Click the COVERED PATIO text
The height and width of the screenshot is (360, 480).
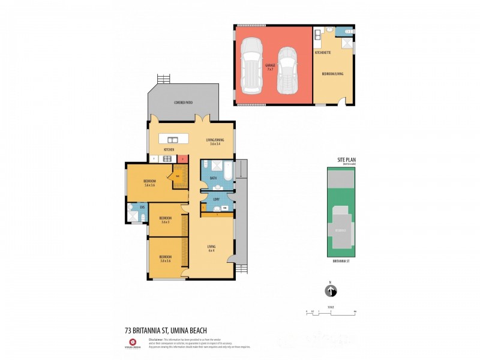[x=184, y=103]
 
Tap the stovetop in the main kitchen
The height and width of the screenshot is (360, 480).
[x=168, y=159]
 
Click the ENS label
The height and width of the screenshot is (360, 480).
[x=142, y=207]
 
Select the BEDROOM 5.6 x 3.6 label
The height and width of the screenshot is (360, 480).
[x=150, y=183]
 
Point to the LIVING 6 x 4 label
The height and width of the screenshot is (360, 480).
[x=211, y=248]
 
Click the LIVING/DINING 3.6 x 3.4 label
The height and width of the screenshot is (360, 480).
[x=214, y=142]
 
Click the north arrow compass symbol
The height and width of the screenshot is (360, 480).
[x=330, y=291]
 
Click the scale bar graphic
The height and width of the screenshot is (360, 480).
[x=331, y=312]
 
